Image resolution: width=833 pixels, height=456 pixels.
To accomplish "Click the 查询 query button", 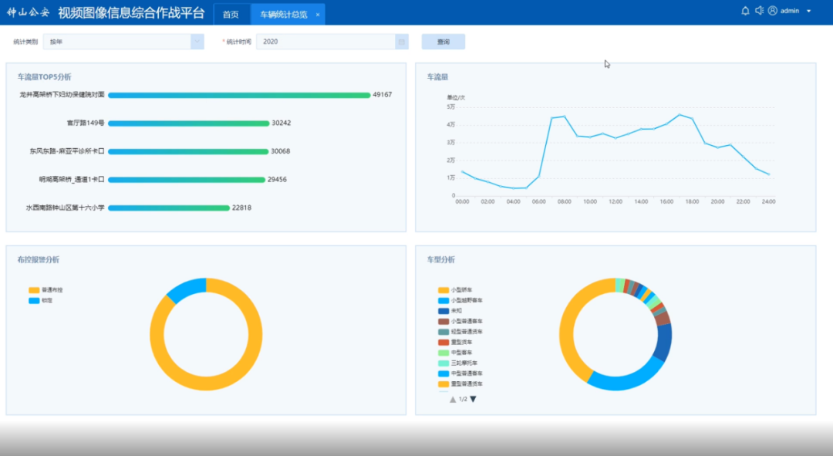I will tap(443, 42).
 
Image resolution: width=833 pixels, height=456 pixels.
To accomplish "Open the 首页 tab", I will tap(231, 14).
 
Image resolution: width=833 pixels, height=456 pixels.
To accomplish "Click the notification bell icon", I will tap(745, 11).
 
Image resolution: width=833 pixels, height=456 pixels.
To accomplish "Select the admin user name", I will tap(790, 11).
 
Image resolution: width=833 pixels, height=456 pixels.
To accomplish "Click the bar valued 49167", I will tap(239, 95).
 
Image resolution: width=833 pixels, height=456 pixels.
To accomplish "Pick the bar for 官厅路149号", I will tap(188, 123).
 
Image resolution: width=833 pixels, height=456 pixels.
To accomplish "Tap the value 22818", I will tap(242, 208).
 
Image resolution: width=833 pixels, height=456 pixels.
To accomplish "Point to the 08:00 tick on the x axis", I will tap(564, 201).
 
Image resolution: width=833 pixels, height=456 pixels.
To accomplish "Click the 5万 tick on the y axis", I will tap(450, 106).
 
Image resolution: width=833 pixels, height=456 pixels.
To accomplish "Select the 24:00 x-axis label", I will tap(768, 201).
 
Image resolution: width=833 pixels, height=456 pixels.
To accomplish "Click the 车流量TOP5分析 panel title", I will tap(45, 77).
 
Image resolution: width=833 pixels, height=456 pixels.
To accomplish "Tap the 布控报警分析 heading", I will tap(38, 260).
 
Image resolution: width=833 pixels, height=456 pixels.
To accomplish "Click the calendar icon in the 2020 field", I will tap(401, 42).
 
